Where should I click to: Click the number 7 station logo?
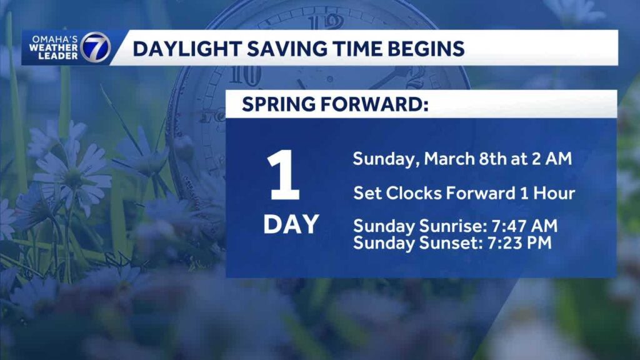pos(95,47)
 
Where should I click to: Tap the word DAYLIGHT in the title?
pos(186,49)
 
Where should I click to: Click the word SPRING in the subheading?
pos(278,104)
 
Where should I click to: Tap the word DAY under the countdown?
pos(291,224)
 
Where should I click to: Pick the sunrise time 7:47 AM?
pos(524,226)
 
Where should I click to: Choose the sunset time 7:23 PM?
pos(519,242)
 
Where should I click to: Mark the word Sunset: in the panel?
pos(450,242)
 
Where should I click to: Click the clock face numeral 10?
pos(245,76)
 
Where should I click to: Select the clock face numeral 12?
pos(326,22)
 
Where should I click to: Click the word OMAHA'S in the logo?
pos(55,39)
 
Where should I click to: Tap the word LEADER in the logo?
pos(58,56)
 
